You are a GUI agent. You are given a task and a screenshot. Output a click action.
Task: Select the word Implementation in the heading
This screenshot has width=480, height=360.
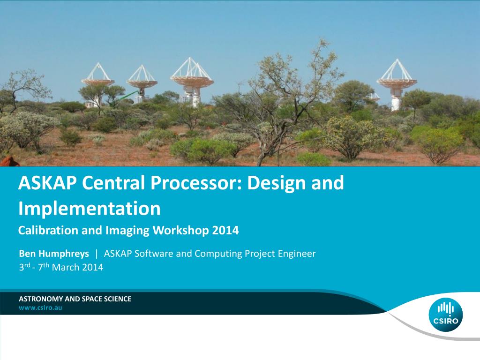coord(89,208)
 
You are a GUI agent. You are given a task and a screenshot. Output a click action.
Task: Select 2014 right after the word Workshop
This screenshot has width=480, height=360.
coord(225,231)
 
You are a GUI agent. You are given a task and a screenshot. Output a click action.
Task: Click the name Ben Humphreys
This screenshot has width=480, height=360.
coord(54,254)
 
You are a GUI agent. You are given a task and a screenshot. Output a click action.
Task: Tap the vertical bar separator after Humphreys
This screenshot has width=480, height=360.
coord(97,254)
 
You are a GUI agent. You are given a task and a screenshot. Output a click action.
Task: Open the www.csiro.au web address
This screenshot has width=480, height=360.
coord(40,308)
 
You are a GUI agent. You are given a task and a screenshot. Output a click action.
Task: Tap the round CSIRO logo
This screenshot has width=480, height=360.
coord(445,315)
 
